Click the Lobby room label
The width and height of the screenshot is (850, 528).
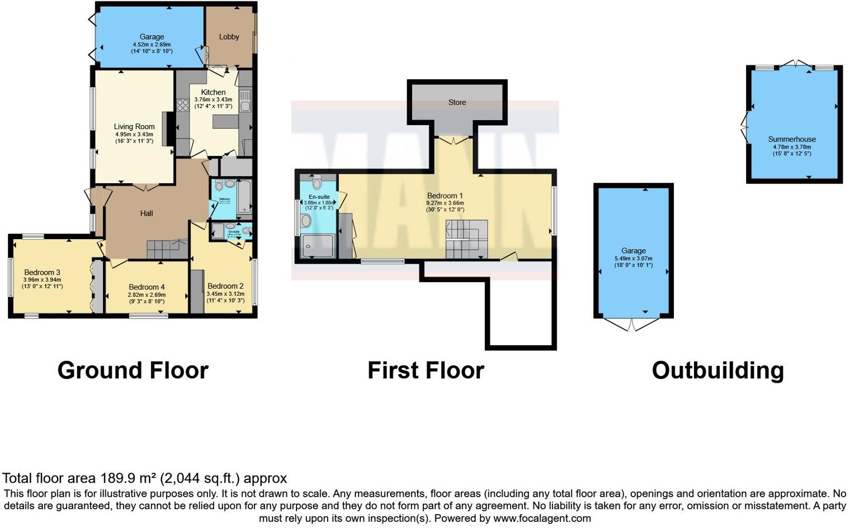[x=229, y=37]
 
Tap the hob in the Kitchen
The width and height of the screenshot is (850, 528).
[x=183, y=105]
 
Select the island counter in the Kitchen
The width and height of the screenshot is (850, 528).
[x=225, y=121]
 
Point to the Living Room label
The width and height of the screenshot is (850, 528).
[x=134, y=127]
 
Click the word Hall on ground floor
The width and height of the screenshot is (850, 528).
[x=147, y=213]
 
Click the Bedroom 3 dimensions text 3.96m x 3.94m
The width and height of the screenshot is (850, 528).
[x=42, y=279]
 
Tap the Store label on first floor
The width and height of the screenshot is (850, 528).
[x=457, y=102]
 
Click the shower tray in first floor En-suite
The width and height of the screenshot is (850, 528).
[x=317, y=246]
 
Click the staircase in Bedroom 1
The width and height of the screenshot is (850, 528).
[x=466, y=239]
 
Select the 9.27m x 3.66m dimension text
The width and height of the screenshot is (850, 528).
[x=445, y=203]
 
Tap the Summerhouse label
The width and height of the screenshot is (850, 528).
[x=792, y=139]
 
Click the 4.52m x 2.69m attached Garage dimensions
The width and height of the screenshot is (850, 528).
[x=152, y=44]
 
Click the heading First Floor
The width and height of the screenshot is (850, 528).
[x=426, y=370]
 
